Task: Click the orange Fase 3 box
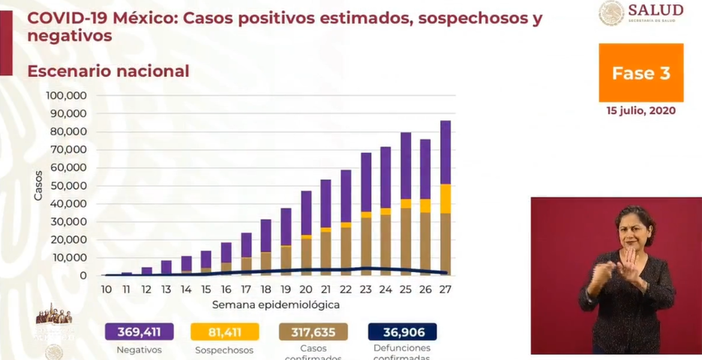[641, 73]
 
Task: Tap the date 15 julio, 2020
[641, 110]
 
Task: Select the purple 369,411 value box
[139, 332]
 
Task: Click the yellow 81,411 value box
[224, 332]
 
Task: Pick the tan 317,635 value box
[313, 332]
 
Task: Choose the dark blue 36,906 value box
[402, 332]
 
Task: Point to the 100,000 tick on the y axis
[67, 96]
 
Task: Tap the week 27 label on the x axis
[445, 289]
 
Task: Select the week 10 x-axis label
[106, 289]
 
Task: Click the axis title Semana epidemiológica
[276, 305]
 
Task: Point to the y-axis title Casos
[38, 185]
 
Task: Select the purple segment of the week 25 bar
[406, 166]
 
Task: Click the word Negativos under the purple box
[139, 350]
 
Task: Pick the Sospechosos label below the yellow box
[224, 350]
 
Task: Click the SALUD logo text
[655, 10]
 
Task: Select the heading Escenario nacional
[108, 71]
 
